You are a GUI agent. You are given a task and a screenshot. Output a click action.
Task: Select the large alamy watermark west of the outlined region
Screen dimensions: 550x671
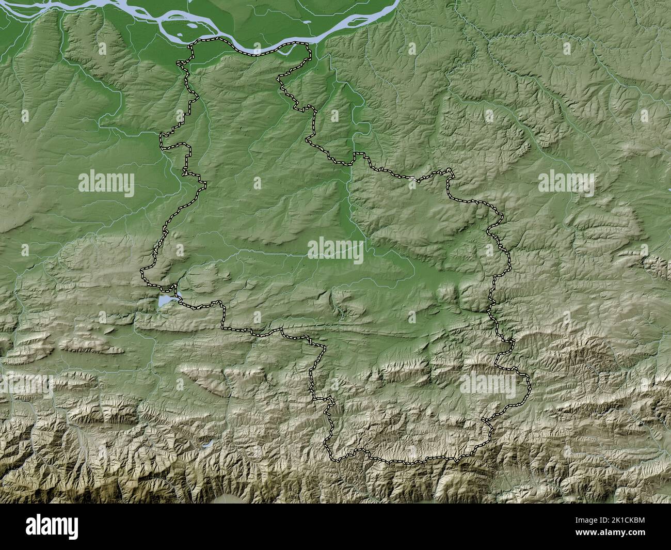coord(106,183)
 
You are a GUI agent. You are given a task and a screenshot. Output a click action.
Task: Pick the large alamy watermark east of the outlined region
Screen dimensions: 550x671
coord(566,183)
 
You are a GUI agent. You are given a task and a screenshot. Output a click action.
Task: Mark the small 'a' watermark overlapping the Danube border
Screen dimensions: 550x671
coord(257,49)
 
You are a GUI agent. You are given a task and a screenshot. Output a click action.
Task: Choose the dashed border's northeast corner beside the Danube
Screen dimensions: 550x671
coord(309,45)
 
